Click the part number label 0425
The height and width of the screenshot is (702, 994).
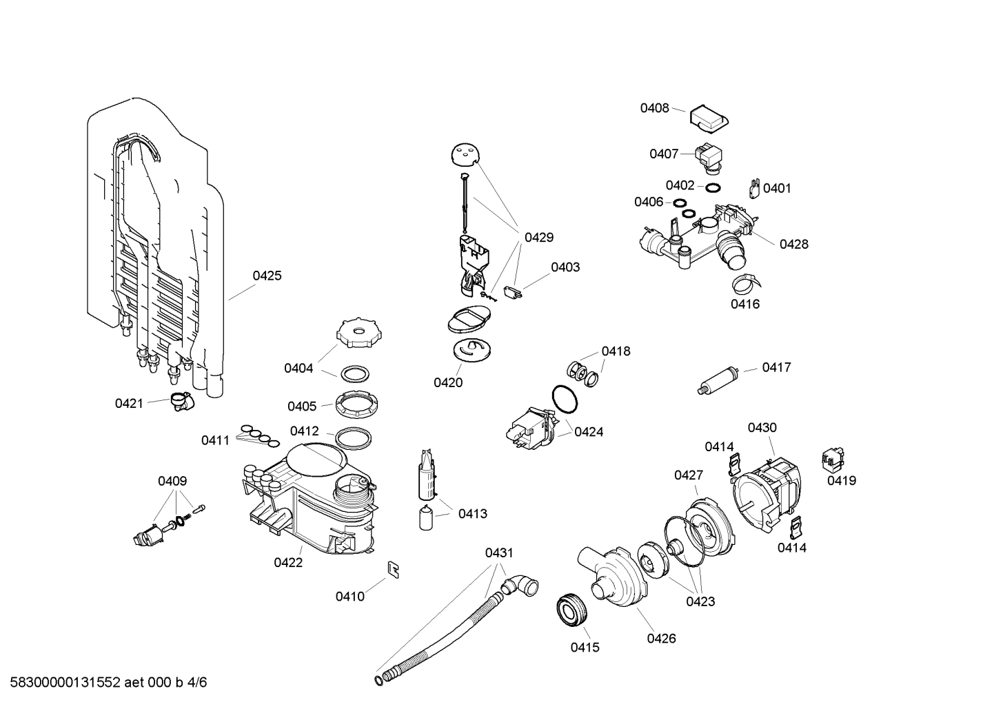pyautogui.click(x=267, y=276)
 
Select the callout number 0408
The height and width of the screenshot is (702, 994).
pyautogui.click(x=654, y=107)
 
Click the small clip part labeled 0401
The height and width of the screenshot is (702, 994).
pyautogui.click(x=754, y=187)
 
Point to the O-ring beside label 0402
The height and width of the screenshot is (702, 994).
pyautogui.click(x=713, y=187)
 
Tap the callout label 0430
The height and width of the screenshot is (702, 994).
pyautogui.click(x=762, y=427)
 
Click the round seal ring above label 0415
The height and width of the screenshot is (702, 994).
pyautogui.click(x=571, y=610)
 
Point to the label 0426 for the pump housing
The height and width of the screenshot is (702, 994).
pyautogui.click(x=661, y=638)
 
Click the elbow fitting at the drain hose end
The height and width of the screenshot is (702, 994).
pyautogui.click(x=521, y=587)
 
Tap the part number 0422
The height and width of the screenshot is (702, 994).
pyautogui.click(x=288, y=562)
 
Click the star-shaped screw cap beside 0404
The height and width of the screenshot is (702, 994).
pyautogui.click(x=358, y=333)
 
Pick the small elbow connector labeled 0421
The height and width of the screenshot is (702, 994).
pyautogui.click(x=181, y=401)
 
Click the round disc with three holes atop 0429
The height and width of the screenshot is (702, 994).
pyautogui.click(x=466, y=155)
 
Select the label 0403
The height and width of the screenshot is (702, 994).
pyautogui.click(x=565, y=267)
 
